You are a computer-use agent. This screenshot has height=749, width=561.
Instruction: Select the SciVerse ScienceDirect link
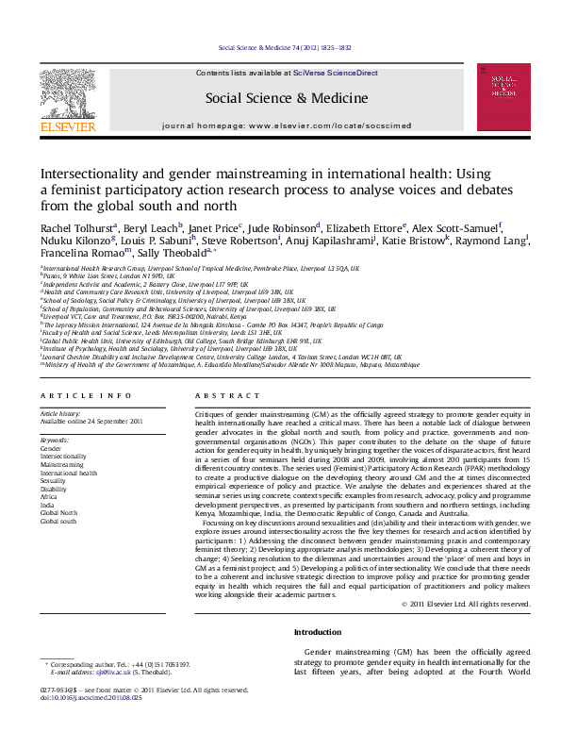click(x=335, y=73)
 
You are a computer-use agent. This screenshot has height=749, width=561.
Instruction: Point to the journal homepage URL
click(x=315, y=124)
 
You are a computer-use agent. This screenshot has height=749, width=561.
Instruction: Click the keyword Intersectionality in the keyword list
click(x=62, y=457)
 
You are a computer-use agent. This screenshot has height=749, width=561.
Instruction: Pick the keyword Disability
click(x=55, y=489)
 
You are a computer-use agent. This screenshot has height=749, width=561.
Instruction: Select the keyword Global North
click(x=58, y=513)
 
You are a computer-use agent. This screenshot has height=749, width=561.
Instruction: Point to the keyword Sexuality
click(x=55, y=481)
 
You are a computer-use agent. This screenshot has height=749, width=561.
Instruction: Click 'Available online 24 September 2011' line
click(x=91, y=422)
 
